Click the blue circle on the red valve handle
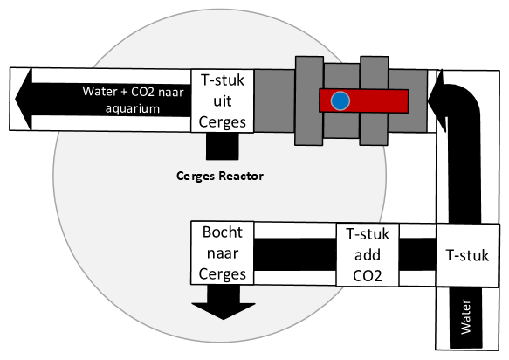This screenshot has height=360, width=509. coord(340,101)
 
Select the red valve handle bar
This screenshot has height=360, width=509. coord(363,101)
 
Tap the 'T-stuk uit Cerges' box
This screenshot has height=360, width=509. coord(223,100)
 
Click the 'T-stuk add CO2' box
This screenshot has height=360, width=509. coord(368,255)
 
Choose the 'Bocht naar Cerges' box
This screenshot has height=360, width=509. coord(223,253)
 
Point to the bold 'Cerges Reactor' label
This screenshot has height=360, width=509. coord(220,176)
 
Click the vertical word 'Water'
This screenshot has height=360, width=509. coord(466,317)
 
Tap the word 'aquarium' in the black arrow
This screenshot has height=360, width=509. coord(133,108)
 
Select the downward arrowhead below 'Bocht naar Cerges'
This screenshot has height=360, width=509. coord(224,311)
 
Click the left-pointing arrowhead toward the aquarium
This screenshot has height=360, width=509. coord(24,99)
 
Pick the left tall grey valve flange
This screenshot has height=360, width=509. coord(309,100)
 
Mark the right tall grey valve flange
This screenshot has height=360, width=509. coord(374,100)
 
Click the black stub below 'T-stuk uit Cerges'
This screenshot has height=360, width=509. coord(223,146)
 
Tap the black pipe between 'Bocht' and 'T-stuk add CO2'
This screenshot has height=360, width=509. coord(295,254)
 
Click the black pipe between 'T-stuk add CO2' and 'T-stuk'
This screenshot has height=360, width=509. coord(417,254)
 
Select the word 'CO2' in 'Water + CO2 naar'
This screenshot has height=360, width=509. coord(142,92)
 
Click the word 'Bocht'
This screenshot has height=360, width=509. coord(223,232)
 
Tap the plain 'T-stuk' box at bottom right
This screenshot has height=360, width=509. coord(467,255)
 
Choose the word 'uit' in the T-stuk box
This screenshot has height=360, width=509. coord(223,101)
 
